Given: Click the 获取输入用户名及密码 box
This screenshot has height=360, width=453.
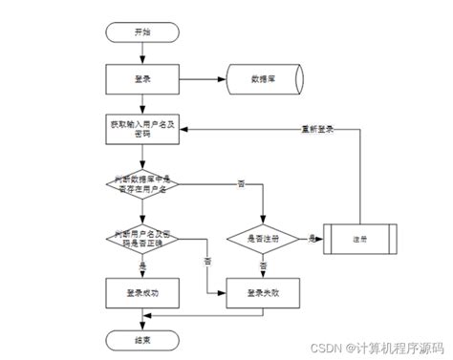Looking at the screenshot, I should (142, 129).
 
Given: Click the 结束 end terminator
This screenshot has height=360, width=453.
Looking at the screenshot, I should (142, 340).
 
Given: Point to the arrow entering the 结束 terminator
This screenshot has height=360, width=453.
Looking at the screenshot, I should (142, 321).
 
